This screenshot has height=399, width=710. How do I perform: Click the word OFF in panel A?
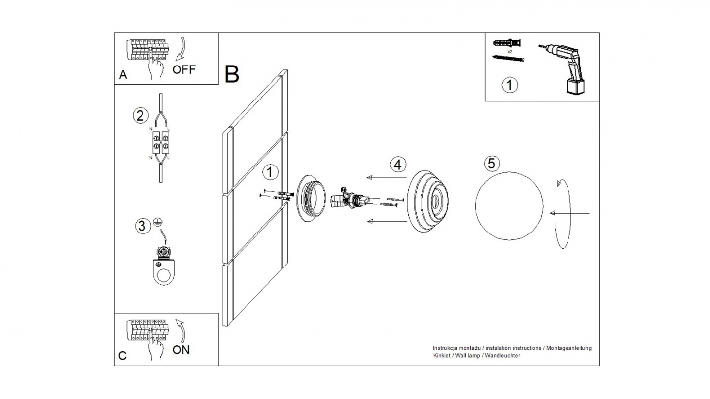184,69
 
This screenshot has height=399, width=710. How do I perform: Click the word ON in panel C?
181,350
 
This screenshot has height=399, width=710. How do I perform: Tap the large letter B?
232,74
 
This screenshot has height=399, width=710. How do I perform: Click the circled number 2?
141,116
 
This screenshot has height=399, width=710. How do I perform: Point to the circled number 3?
142,226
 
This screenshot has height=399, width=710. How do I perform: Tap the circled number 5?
492,163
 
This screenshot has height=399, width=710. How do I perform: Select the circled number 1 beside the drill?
510,85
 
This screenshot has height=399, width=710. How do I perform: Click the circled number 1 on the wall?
270,172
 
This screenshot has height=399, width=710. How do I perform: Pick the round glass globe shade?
509,206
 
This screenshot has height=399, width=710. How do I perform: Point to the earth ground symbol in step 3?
158,222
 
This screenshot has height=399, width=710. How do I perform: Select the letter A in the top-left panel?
123,75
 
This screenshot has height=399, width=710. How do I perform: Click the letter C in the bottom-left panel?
123,356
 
